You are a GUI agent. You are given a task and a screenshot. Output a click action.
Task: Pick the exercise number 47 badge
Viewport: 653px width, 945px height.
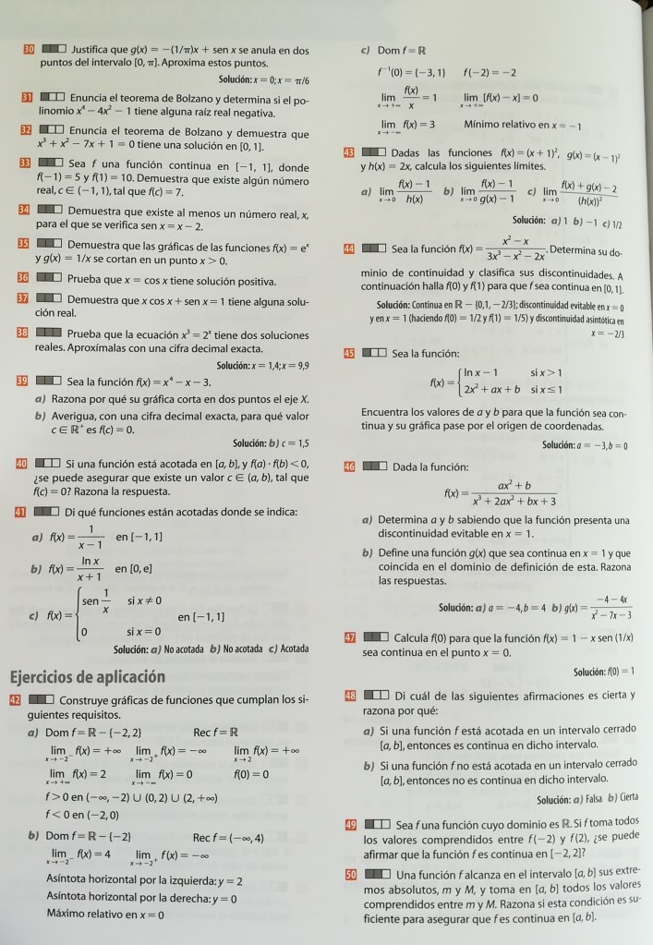tap(350, 637)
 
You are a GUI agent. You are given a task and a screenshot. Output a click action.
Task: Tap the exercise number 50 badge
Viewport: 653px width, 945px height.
tap(350, 874)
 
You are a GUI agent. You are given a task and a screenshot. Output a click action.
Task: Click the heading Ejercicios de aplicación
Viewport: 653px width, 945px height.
tap(87, 676)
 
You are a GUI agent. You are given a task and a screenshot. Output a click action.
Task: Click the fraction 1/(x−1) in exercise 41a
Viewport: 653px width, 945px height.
tap(91, 538)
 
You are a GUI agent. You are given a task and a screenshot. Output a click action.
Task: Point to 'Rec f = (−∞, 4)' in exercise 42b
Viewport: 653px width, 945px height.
tap(229, 839)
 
